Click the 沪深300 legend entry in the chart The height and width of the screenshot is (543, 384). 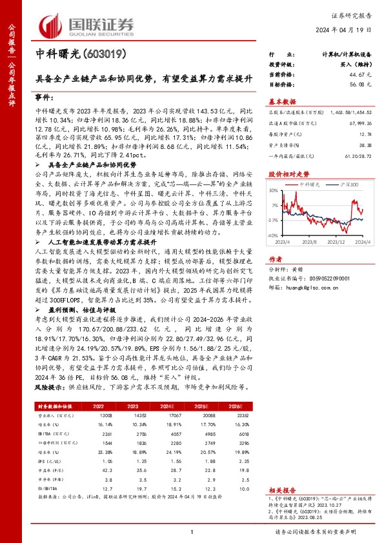[347, 185]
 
